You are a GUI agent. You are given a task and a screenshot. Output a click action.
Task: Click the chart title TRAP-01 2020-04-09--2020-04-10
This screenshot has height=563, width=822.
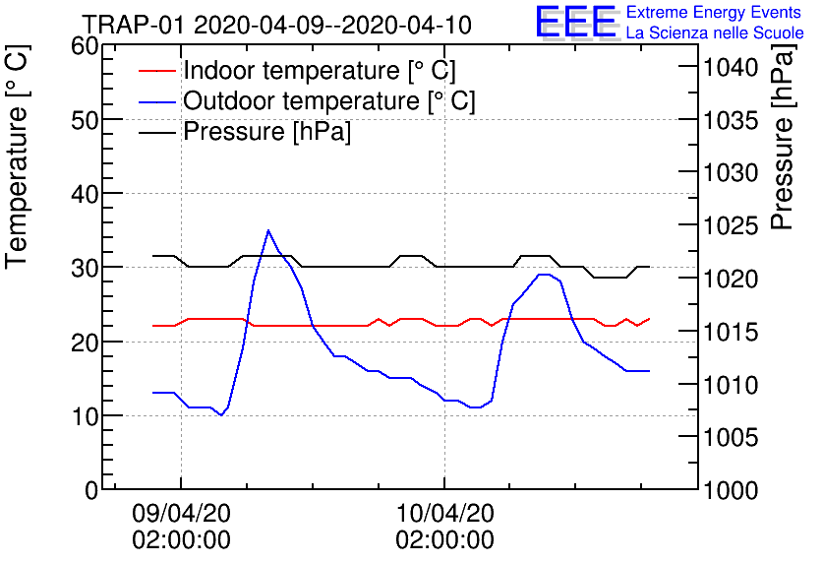276,24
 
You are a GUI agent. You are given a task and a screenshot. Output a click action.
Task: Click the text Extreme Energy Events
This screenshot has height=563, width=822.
713,13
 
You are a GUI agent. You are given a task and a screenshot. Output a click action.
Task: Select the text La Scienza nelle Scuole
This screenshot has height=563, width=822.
715,33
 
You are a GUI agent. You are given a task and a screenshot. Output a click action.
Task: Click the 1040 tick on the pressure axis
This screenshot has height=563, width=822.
730,68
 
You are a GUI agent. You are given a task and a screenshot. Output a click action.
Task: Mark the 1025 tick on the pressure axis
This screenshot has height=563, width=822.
730,226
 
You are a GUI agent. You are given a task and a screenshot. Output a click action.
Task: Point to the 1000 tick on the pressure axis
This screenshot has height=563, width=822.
730,489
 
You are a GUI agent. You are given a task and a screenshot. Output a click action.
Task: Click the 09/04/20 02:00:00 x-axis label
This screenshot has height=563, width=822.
181,527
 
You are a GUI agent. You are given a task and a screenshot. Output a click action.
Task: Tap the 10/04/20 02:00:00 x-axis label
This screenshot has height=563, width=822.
444,527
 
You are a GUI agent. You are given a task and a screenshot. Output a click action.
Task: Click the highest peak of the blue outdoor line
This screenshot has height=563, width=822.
268,230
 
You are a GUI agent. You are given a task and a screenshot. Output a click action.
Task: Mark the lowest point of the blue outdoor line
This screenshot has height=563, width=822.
221,415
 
